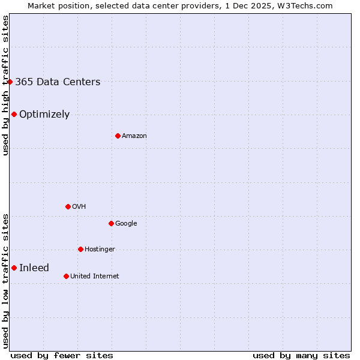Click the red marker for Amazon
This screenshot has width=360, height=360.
point(118,136)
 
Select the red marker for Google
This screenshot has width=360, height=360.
point(111,223)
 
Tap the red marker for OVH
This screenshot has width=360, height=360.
point(68,206)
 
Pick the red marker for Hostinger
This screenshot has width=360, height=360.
point(80,249)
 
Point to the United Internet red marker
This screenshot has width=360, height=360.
point(66,276)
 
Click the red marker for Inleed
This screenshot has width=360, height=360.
point(14,268)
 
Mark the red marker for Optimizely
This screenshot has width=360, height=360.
point(14,114)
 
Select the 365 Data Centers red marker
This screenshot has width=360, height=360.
point(10,82)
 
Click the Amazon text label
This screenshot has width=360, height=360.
point(134,136)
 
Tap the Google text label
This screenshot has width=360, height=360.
point(126,224)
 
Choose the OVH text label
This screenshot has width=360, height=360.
point(79,207)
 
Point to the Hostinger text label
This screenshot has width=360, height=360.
point(100,250)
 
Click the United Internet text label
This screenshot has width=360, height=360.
point(94,277)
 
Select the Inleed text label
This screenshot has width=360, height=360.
point(34,268)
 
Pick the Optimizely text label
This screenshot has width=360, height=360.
point(44,115)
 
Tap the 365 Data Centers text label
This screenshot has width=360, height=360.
point(58,82)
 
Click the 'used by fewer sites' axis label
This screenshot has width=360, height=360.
point(62,355)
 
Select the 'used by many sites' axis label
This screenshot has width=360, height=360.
point(301,355)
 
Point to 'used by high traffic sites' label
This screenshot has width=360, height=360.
point(5,85)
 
